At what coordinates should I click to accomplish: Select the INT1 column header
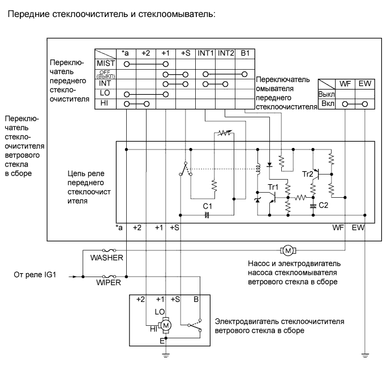coord(205,53)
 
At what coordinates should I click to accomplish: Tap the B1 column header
coord(244,53)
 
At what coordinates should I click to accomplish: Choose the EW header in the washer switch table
coord(364,83)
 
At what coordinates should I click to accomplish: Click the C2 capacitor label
coord(323,205)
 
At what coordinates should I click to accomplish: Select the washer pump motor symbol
coord(286,250)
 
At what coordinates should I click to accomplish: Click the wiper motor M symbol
coord(166,326)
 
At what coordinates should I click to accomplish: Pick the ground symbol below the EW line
coord(365,355)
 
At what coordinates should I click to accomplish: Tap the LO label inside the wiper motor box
coord(160,312)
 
